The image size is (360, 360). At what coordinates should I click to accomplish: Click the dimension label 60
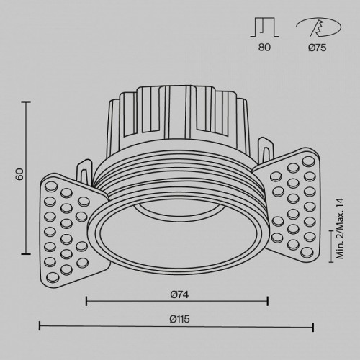tap(19, 174)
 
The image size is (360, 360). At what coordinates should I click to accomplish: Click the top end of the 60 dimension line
tap(27, 102)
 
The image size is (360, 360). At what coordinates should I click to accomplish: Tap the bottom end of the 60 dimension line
tap(27, 253)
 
